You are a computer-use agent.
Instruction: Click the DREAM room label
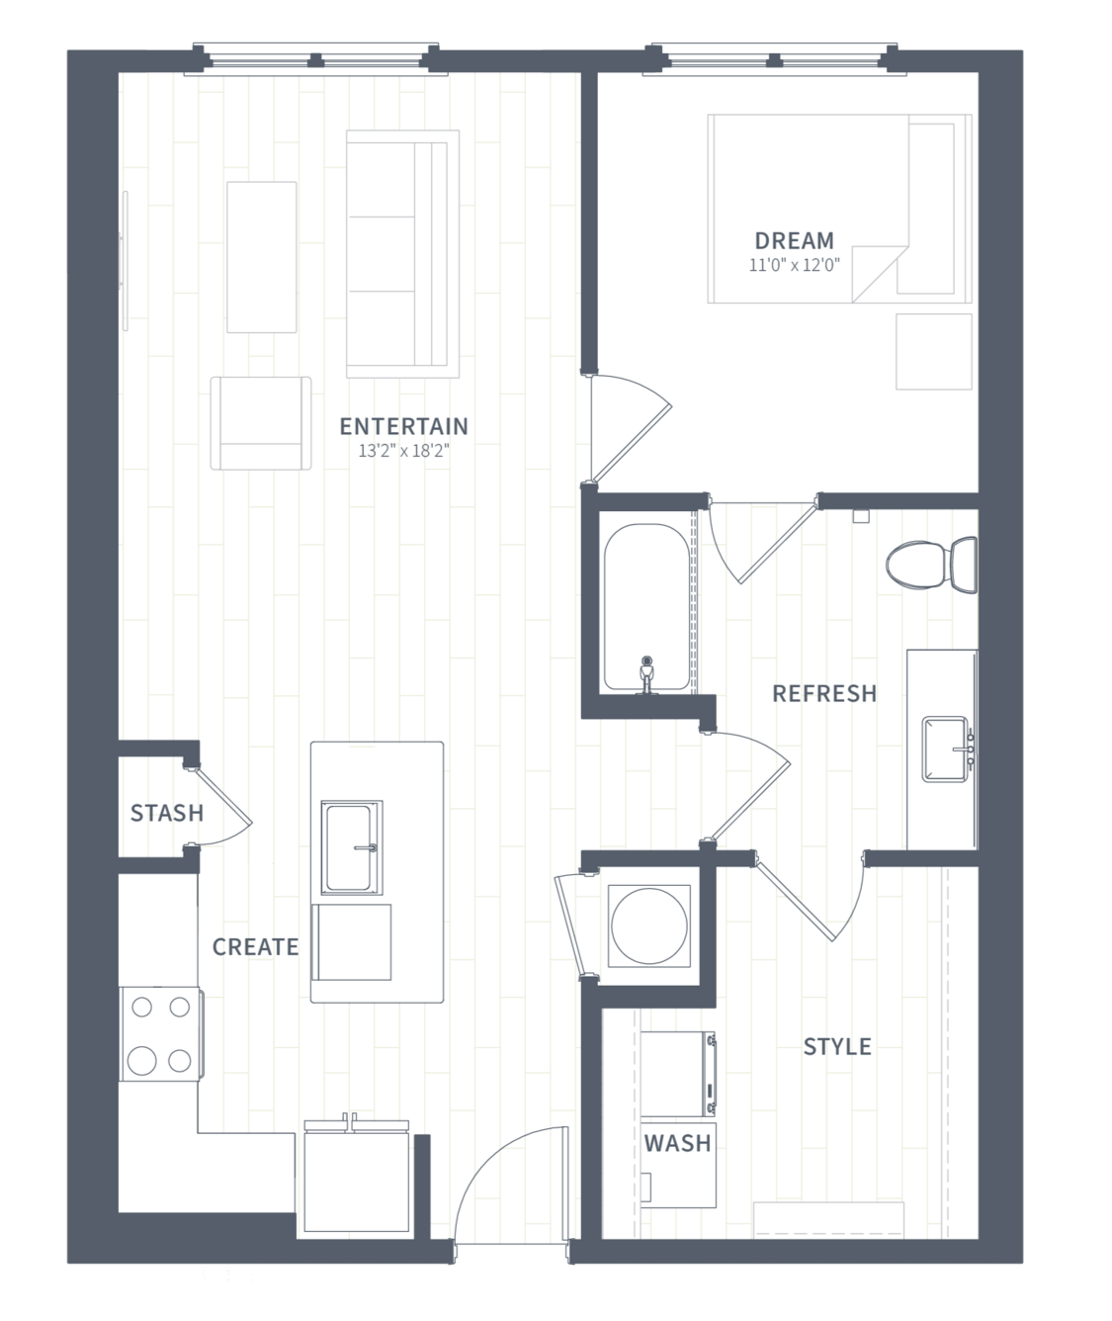pyautogui.click(x=794, y=241)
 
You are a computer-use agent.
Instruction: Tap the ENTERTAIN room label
pyautogui.click(x=403, y=426)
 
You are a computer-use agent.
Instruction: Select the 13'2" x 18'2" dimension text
pyautogui.click(x=403, y=451)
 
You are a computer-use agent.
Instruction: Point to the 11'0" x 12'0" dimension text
pyautogui.click(x=794, y=264)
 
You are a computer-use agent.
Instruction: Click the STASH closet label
pyautogui.click(x=167, y=813)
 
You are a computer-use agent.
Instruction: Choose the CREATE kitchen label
pyautogui.click(x=256, y=946)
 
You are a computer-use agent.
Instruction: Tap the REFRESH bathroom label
pyautogui.click(x=824, y=693)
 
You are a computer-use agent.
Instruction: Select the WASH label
pyautogui.click(x=677, y=1143)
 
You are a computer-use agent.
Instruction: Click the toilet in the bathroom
pyautogui.click(x=932, y=564)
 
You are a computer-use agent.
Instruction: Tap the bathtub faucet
pyautogui.click(x=646, y=675)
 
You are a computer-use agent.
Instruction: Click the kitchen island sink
pyautogui.click(x=352, y=847)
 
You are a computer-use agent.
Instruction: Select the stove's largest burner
pyautogui.click(x=141, y=1060)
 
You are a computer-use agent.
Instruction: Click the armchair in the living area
pyautogui.click(x=261, y=423)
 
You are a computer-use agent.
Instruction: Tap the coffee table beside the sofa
pyautogui.click(x=261, y=257)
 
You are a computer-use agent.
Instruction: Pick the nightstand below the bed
pyautogui.click(x=934, y=352)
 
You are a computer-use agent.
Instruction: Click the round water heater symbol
pyautogui.click(x=649, y=926)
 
